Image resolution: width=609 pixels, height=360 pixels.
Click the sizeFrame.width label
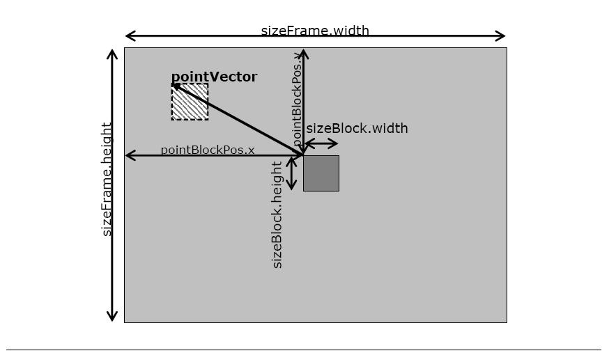pos(315,31)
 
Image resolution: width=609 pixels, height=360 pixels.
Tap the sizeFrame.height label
pos(107,179)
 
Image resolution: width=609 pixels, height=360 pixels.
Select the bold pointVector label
pos(214,77)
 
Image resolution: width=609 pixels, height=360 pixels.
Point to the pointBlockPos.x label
pos(208,150)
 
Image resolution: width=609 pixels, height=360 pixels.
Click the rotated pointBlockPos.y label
pos(298,99)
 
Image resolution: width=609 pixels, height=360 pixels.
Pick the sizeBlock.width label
pos(357,128)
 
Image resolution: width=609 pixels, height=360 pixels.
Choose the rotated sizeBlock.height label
pos(277,215)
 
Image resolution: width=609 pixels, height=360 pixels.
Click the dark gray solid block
pos(321,173)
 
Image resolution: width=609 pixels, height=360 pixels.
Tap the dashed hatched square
pos(190,102)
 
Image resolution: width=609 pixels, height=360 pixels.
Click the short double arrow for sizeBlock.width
pos(321,144)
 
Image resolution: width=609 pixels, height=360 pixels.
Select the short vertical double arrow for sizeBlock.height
pos(291,173)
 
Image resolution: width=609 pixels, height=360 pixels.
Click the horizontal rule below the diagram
pos(304,350)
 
